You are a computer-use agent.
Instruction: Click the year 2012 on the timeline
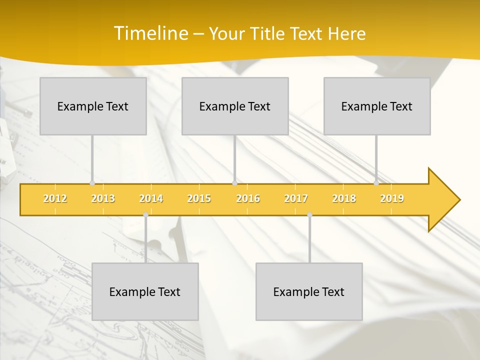(x=55, y=198)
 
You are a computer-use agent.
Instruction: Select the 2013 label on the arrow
(x=103, y=198)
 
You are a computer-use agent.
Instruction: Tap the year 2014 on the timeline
(x=151, y=198)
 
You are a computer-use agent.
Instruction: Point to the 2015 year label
(x=199, y=198)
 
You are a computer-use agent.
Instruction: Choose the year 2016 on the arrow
(x=248, y=198)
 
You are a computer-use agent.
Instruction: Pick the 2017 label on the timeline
(x=296, y=198)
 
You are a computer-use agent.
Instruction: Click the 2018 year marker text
(x=344, y=198)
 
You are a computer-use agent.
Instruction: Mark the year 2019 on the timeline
(x=392, y=198)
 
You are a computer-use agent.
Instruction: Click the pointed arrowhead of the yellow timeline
(x=445, y=199)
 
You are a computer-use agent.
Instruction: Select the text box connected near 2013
(x=93, y=106)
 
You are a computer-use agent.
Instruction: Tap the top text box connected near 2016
(x=235, y=106)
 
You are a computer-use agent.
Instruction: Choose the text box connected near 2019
(x=377, y=106)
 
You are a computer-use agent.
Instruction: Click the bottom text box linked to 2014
(x=145, y=291)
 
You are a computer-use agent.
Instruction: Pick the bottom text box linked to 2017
(x=309, y=291)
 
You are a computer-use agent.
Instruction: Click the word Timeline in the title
(x=150, y=33)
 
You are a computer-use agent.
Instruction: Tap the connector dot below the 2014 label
(x=145, y=214)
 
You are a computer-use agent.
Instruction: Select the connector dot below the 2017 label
(x=309, y=214)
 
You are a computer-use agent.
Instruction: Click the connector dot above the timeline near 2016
(x=234, y=183)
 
